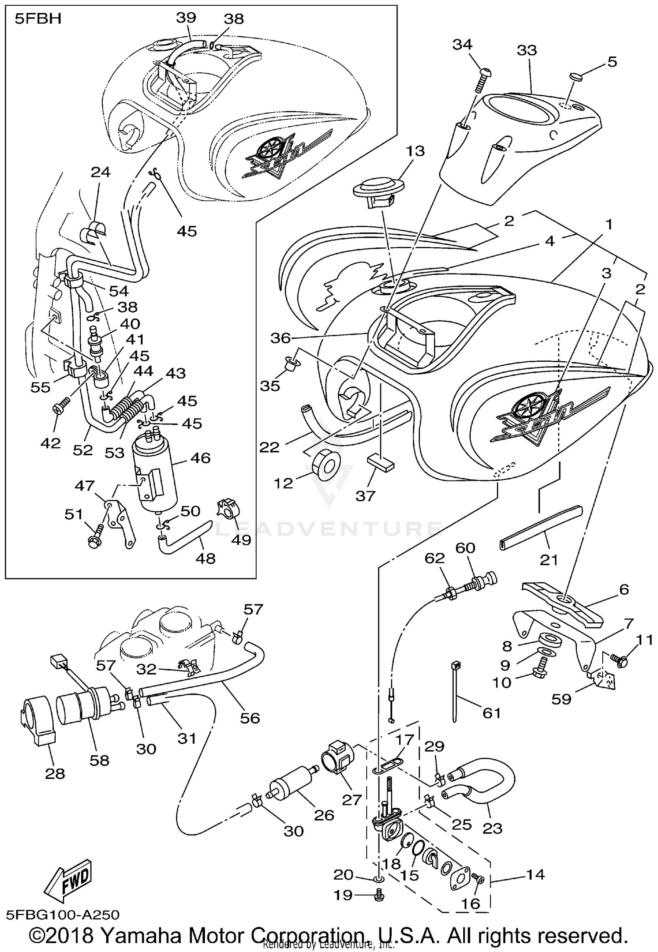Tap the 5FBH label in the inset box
(x=38, y=20)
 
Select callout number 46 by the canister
(x=200, y=458)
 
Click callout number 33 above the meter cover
(x=527, y=50)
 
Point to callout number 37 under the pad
(x=365, y=496)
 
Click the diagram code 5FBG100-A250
(x=62, y=915)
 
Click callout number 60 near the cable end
(x=465, y=548)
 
